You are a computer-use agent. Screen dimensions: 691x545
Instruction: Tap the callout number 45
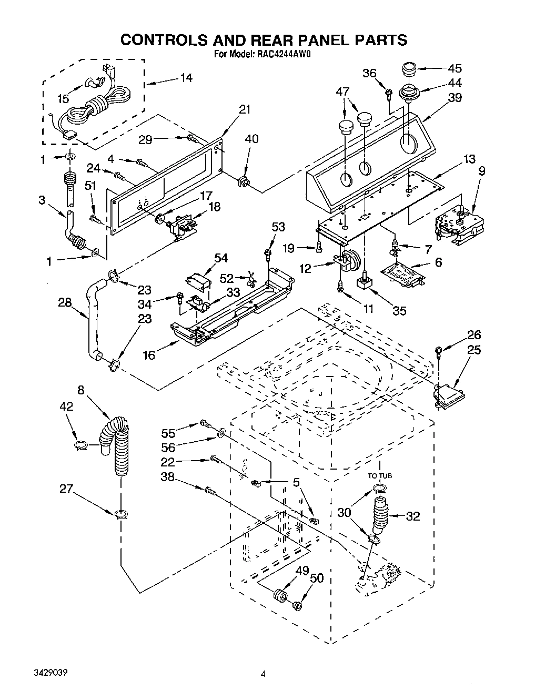tap(455, 68)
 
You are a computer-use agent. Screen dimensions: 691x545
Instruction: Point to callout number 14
tap(186, 78)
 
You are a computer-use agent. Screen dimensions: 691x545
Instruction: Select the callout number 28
tap(65, 303)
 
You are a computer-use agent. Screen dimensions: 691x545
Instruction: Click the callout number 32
tap(413, 516)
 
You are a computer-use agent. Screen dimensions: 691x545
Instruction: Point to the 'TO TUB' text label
tap(380, 475)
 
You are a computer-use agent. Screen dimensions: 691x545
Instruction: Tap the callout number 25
tap(474, 350)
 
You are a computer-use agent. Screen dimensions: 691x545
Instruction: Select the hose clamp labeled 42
tap(80, 445)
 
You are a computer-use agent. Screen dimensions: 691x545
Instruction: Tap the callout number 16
tap(149, 355)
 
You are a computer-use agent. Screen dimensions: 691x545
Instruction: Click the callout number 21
tap(245, 110)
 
